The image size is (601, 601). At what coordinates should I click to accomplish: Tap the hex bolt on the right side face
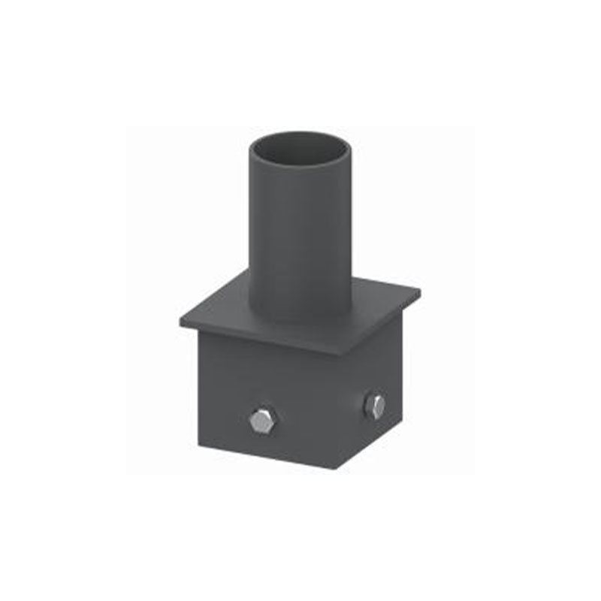click(374, 406)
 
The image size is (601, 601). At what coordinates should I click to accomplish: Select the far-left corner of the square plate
click(180, 322)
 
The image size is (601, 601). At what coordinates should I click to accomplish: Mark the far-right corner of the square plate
click(419, 290)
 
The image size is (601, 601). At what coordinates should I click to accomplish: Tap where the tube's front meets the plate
click(301, 320)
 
